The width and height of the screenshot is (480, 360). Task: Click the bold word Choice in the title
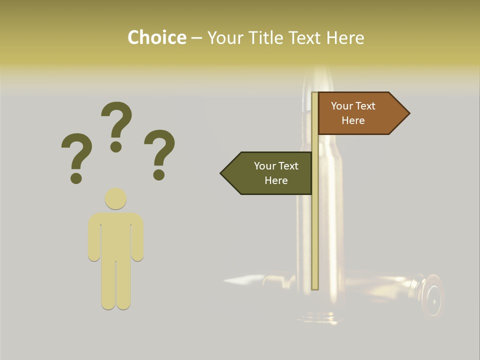156,37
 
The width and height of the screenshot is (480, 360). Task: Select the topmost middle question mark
116,125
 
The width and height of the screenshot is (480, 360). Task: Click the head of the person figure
115,198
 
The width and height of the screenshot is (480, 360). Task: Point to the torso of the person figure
115,235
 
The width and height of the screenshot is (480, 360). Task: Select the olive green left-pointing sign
270,173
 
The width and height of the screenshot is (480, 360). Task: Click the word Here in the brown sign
353,120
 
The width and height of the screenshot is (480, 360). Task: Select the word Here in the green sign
276,180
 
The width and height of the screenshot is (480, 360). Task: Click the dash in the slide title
196,38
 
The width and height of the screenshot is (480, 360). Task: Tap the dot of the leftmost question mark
76,178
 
